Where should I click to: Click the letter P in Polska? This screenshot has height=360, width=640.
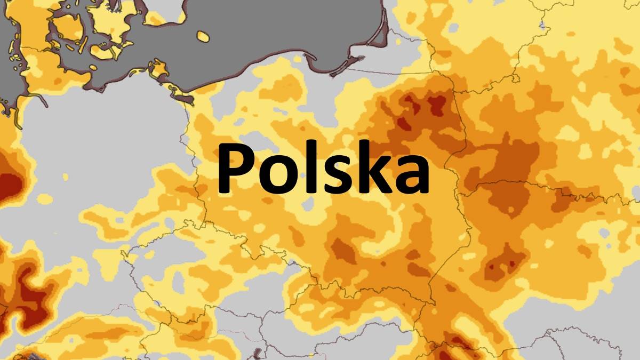coord(234,167)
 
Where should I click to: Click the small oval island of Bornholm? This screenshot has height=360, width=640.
coord(203,36)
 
